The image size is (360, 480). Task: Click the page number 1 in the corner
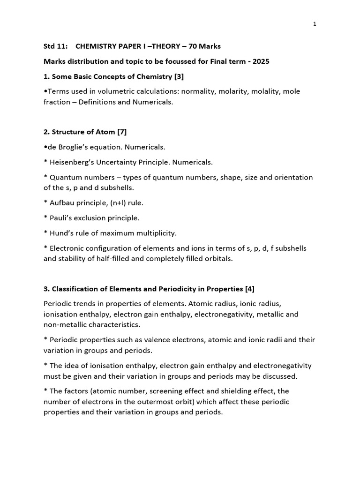point(315,24)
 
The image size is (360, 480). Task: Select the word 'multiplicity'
point(156,233)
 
